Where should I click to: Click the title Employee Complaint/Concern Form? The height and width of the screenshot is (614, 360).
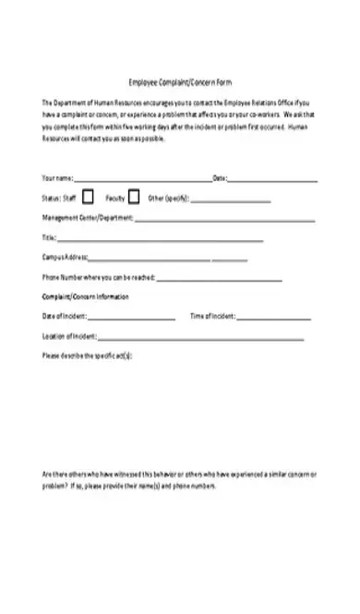[180, 79]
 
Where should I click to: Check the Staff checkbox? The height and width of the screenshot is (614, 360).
[88, 197]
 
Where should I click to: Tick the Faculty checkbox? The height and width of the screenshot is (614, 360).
[134, 197]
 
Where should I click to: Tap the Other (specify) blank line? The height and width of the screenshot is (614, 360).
[230, 200]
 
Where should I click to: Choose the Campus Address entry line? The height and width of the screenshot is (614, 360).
[149, 260]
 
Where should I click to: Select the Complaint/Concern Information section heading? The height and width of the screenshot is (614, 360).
[86, 296]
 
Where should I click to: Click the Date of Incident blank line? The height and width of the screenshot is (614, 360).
[133, 319]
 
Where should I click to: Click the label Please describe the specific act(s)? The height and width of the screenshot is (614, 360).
[88, 356]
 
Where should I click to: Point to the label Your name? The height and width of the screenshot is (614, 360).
[57, 177]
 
